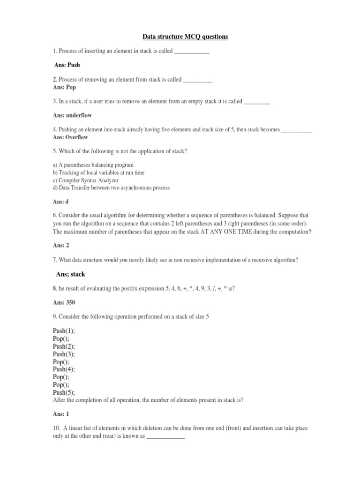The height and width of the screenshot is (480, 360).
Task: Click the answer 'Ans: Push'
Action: click(67, 65)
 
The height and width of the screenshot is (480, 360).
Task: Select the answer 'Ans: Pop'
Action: click(65, 87)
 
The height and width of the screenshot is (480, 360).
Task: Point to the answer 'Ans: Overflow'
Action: click(70, 137)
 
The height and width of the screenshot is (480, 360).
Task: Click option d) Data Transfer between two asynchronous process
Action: click(111, 187)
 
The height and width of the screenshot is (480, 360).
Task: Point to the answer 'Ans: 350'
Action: click(65, 303)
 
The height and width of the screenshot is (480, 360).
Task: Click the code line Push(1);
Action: click(64, 331)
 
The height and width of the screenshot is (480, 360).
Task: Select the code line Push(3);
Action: click(64, 354)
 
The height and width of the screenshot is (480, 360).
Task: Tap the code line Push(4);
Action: click(64, 369)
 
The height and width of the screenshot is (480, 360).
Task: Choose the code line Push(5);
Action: click(64, 392)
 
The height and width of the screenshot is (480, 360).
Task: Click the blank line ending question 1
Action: click(191, 51)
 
